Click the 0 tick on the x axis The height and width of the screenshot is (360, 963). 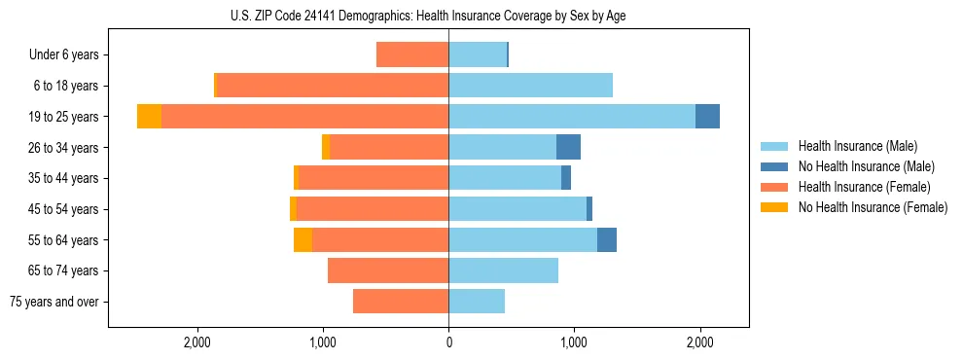(x=448, y=342)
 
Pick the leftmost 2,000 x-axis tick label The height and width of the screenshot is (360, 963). (x=197, y=342)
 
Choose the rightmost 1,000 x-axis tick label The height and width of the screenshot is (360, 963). (x=574, y=342)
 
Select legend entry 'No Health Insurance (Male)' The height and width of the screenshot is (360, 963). (x=866, y=166)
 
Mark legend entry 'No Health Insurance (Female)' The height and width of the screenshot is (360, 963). (x=873, y=207)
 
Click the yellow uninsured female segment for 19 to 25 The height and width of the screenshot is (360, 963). (x=149, y=117)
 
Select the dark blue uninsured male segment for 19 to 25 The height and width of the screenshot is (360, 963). (x=707, y=117)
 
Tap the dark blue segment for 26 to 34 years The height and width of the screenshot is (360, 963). (x=568, y=147)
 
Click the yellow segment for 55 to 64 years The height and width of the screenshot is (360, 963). (x=303, y=240)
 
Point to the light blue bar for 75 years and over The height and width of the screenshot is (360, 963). (x=477, y=302)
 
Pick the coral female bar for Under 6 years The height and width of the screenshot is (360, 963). (x=412, y=55)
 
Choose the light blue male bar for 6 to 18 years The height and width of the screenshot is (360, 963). (x=530, y=86)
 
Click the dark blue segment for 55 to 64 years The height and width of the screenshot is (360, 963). (x=607, y=240)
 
